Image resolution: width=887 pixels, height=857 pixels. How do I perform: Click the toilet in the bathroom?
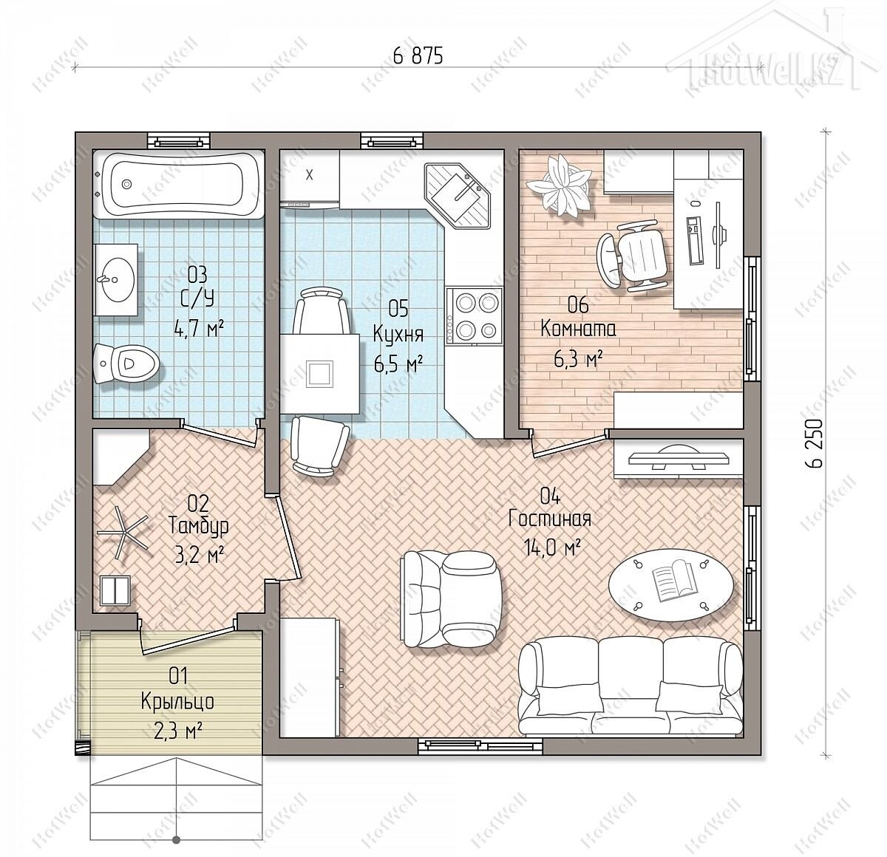click(x=126, y=363)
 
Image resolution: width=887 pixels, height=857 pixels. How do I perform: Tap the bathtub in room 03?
click(x=179, y=184)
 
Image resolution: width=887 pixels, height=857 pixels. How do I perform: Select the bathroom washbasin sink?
click(x=116, y=279)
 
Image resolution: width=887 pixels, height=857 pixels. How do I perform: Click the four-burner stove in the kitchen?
click(x=474, y=315)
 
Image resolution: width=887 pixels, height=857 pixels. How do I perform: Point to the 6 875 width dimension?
click(x=418, y=56)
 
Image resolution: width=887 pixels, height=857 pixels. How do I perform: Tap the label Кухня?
click(x=398, y=335)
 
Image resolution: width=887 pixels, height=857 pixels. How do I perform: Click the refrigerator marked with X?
click(x=310, y=180)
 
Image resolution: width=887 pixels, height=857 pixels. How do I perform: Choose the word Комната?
click(x=578, y=329)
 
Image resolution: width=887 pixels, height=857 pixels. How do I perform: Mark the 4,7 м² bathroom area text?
click(x=199, y=327)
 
